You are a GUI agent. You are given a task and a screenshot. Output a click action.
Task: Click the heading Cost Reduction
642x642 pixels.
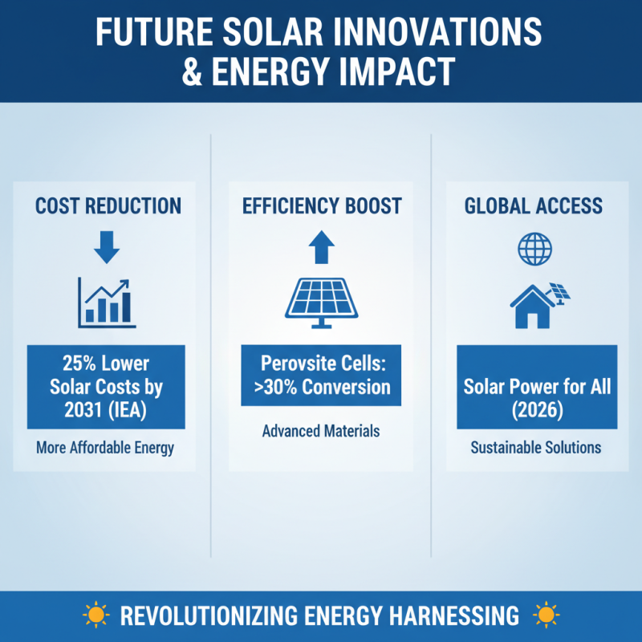(108, 206)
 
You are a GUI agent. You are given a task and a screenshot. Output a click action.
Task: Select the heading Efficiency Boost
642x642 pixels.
(322, 206)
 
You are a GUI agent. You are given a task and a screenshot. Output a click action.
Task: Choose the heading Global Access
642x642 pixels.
(533, 206)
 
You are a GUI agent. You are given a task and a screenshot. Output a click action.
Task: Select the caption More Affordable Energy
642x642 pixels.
(105, 448)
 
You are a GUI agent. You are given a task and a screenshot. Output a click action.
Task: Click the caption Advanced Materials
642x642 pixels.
(321, 432)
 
